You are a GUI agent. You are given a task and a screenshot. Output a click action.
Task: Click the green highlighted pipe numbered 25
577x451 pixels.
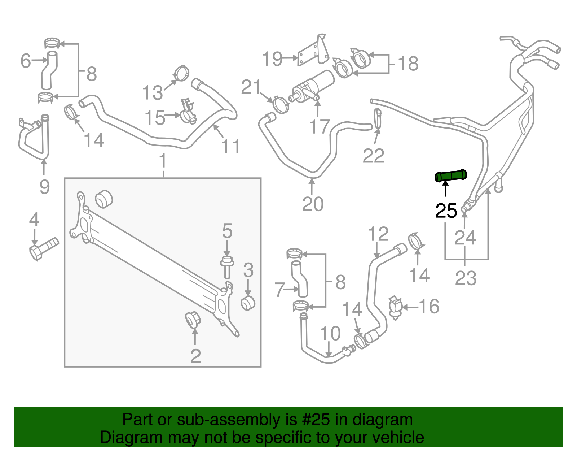click(x=451, y=176)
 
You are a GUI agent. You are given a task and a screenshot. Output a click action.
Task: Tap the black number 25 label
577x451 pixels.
click(x=446, y=211)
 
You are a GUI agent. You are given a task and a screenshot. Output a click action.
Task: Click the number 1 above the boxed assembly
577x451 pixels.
click(x=163, y=161)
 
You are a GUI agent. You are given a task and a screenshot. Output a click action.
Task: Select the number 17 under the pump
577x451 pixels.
click(x=320, y=126)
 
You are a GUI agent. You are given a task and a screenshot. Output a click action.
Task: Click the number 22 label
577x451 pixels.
click(x=374, y=156)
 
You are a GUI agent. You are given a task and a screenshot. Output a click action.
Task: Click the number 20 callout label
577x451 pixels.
click(x=313, y=204)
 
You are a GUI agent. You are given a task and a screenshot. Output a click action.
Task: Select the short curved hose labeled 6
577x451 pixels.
click(x=48, y=70)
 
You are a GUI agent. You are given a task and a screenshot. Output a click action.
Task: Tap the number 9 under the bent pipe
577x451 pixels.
click(x=44, y=187)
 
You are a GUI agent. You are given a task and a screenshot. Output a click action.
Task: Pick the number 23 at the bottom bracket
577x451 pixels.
click(x=466, y=278)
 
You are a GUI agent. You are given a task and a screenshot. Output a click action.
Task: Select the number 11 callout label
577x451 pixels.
click(x=231, y=147)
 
